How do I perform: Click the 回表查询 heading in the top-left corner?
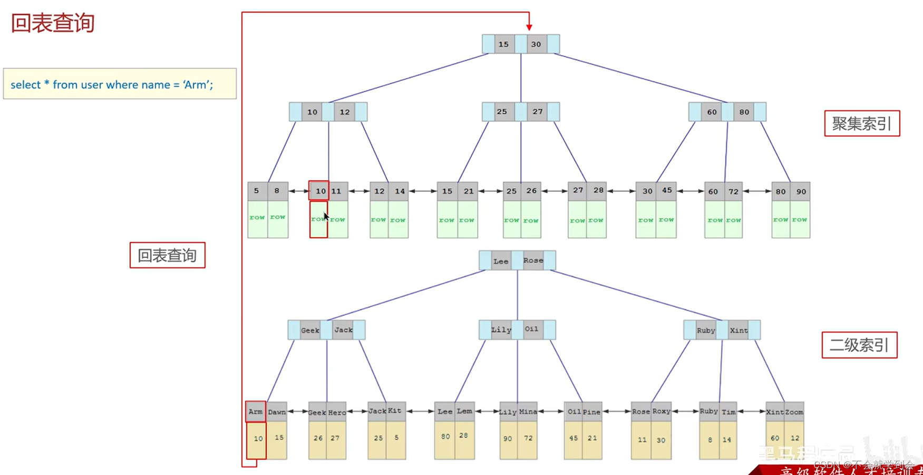53,23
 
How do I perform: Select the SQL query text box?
120,84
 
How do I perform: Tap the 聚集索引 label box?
862,124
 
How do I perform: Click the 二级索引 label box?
859,345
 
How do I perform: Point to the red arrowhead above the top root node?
529,27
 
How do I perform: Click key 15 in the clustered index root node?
503,44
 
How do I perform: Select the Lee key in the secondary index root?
500,261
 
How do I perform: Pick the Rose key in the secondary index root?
533,260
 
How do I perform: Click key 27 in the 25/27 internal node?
537,112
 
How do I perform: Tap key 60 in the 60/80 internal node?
712,112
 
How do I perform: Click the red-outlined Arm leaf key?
256,412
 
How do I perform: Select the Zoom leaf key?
794,412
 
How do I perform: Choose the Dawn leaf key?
277,412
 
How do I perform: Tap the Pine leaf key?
591,412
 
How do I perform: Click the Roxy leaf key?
661,411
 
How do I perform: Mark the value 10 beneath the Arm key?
258,439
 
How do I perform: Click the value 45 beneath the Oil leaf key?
574,438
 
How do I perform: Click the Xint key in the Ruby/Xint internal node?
738,331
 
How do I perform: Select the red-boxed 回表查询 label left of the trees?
168,256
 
